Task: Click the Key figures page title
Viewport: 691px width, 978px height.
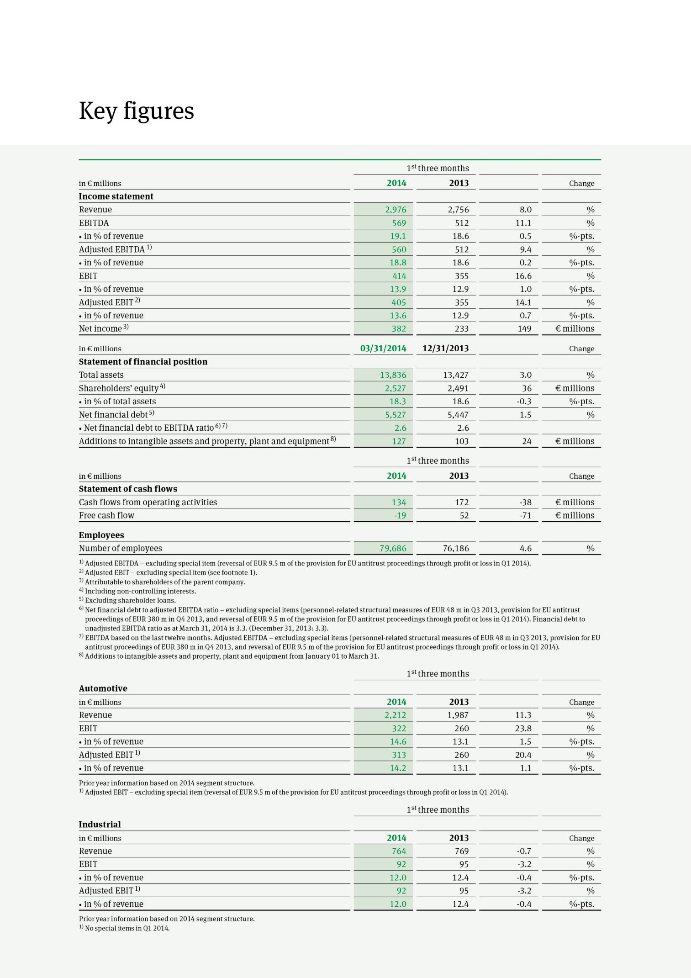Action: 136,111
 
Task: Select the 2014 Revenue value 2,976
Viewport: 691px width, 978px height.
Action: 395,210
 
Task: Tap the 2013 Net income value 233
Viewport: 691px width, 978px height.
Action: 462,329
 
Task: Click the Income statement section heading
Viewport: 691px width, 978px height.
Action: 116,196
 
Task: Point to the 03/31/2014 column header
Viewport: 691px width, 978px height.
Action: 383,349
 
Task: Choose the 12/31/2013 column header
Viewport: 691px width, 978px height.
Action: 445,349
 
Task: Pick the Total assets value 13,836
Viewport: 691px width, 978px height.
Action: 393,375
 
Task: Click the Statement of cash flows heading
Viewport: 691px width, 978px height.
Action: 128,489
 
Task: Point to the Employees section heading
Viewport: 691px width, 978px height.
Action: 101,535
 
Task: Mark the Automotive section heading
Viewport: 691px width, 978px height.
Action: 103,688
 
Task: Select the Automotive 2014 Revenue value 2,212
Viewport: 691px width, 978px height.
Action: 395,715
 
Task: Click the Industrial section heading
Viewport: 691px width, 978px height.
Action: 100,825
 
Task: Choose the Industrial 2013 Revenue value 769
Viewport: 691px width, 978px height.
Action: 462,851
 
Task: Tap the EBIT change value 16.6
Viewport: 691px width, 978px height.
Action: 523,276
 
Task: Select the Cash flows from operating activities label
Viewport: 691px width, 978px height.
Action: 148,502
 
